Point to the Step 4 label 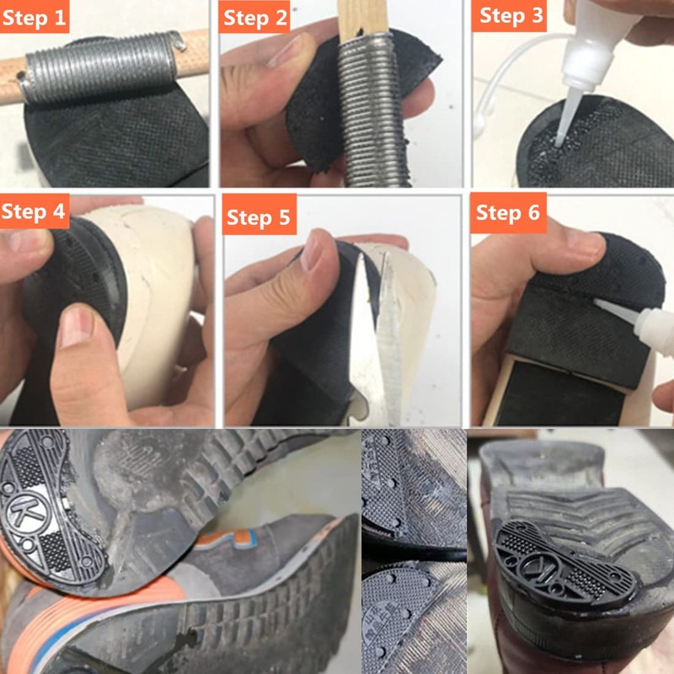[35, 211]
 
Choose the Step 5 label [259, 218]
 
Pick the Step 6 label [508, 212]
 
